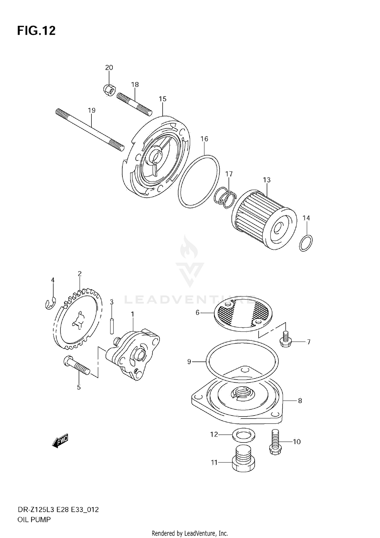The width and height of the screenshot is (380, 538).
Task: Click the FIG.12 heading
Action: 36,31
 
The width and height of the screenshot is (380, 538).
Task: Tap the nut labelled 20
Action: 109,90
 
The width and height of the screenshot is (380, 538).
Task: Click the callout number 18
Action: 135,85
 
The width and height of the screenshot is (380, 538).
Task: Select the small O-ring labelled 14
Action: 306,243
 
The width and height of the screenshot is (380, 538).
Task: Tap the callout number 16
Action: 204,139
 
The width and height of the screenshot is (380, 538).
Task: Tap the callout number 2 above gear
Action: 80,273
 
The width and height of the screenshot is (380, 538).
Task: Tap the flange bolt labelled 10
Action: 275,442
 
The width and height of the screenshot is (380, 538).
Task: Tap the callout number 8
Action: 300,401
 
